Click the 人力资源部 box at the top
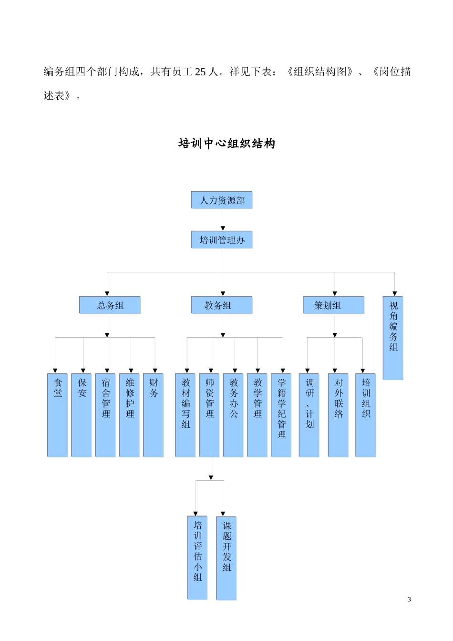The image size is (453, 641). point(222,200)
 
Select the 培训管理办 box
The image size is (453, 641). point(222,240)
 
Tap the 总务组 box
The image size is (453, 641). point(110,305)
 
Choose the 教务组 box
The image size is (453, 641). point(222,305)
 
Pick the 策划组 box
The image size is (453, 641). point(334,305)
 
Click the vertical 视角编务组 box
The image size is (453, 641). point(393,338)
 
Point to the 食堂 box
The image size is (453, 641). point(58,415)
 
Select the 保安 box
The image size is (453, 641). point(82,415)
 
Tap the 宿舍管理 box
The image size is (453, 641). point(106,415)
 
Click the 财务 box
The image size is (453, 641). point(154,415)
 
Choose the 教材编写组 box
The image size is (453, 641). point(185,415)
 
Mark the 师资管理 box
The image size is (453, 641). point(209,415)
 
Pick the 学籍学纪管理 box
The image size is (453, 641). point(281,415)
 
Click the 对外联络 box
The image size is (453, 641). point(339,415)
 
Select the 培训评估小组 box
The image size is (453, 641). point(197,558)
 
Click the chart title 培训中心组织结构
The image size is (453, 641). point(226,144)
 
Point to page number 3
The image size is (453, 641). point(409,600)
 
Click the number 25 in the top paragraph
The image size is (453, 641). point(200,72)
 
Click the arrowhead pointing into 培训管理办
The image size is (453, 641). point(223,229)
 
